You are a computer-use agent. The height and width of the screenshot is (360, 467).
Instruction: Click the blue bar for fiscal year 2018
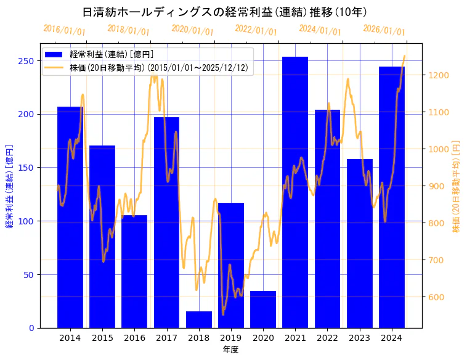(x=199, y=319)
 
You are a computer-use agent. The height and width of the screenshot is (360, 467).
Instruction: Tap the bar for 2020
(x=263, y=309)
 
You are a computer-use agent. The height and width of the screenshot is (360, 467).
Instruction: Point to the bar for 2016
(x=134, y=271)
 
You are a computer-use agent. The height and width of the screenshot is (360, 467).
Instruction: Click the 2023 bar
(x=360, y=243)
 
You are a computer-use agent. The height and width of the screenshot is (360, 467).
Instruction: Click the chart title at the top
(x=225, y=12)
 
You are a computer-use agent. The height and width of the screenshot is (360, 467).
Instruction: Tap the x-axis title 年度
(x=231, y=350)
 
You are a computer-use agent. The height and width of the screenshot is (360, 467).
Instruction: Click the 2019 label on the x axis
(x=231, y=338)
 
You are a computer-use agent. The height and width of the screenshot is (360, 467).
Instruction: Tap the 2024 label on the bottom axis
(x=392, y=338)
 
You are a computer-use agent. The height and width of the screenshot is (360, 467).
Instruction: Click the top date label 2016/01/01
(x=65, y=30)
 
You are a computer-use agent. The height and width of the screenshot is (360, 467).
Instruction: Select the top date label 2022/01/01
(x=256, y=30)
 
